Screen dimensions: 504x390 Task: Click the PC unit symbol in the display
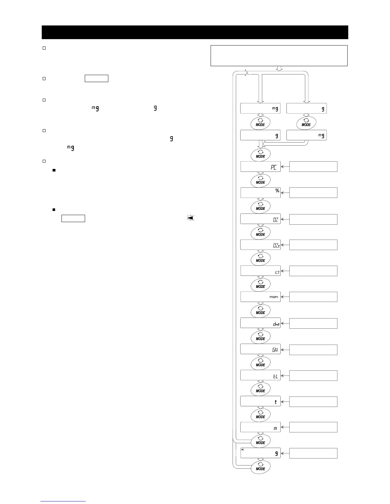(273, 167)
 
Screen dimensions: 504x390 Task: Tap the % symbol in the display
(277, 191)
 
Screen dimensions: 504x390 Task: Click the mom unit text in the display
(274, 297)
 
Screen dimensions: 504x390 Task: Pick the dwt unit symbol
(276, 324)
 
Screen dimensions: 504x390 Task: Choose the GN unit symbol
(275, 350)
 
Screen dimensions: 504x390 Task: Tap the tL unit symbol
(276, 376)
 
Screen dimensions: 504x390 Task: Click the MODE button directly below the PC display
(260, 180)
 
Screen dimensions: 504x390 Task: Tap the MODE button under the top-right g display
(306, 123)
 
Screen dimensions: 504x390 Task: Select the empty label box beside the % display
(313, 193)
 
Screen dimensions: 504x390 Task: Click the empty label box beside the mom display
(313, 297)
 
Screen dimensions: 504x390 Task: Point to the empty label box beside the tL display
(313, 376)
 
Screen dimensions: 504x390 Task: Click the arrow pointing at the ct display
(285, 271)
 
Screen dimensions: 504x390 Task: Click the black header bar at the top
(195, 32)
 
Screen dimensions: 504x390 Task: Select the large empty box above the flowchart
(279, 56)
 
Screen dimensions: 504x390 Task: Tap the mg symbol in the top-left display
(275, 109)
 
